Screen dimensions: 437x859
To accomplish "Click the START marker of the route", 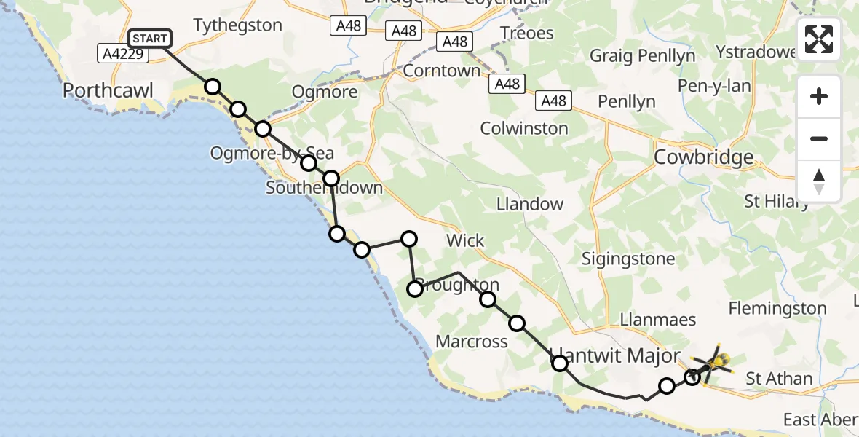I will (x=150, y=39).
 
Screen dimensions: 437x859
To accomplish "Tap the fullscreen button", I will (x=819, y=39).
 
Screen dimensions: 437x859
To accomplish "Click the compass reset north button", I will (x=819, y=181).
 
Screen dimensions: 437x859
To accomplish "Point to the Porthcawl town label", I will (x=108, y=90).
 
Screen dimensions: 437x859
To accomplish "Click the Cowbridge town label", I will (x=703, y=157).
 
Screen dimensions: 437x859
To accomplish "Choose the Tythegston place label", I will (x=238, y=25).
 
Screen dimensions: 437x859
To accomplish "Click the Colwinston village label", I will (x=524, y=128).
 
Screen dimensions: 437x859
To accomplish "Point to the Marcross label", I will (x=472, y=341).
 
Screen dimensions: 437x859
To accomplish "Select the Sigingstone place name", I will (x=625, y=258).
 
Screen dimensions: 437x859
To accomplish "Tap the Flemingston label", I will (x=777, y=309).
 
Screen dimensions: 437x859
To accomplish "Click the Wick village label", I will (x=465, y=240).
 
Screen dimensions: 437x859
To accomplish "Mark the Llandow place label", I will (x=530, y=204).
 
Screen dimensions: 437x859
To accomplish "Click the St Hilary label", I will (x=775, y=201).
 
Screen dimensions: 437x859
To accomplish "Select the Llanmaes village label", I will (x=648, y=319).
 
